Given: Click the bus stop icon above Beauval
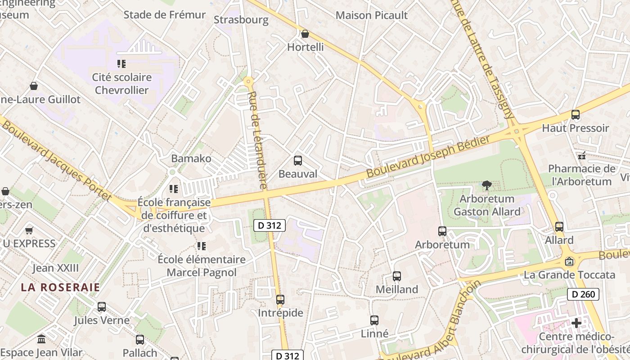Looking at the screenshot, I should pyautogui.click(x=297, y=161).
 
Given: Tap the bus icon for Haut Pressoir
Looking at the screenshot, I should pyautogui.click(x=575, y=115).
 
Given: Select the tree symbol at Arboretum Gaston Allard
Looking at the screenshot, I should pyautogui.click(x=486, y=185).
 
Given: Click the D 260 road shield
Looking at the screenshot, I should pyautogui.click(x=583, y=295).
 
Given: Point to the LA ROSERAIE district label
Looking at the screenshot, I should pyautogui.click(x=60, y=287).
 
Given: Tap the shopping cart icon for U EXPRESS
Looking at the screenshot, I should pyautogui.click(x=29, y=230).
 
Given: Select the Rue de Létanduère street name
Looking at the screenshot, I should pyautogui.click(x=258, y=140).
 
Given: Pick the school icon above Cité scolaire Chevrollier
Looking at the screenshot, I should pyautogui.click(x=121, y=64).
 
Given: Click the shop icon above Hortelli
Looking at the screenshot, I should pyautogui.click(x=305, y=34).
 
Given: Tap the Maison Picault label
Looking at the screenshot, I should pyautogui.click(x=372, y=15).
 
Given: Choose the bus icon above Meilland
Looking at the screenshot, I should pyautogui.click(x=396, y=276).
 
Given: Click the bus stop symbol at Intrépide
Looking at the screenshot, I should pyautogui.click(x=280, y=299).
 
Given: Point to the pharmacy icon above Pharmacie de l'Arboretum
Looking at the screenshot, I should pyautogui.click(x=582, y=156).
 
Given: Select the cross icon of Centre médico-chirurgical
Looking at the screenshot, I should pyautogui.click(x=576, y=323).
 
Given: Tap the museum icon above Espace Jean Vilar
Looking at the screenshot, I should pyautogui.click(x=41, y=339).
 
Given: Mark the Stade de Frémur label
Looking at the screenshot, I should pyautogui.click(x=165, y=15).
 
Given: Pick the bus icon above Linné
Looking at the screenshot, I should pyautogui.click(x=374, y=320).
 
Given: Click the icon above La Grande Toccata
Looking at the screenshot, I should pyautogui.click(x=569, y=261).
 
